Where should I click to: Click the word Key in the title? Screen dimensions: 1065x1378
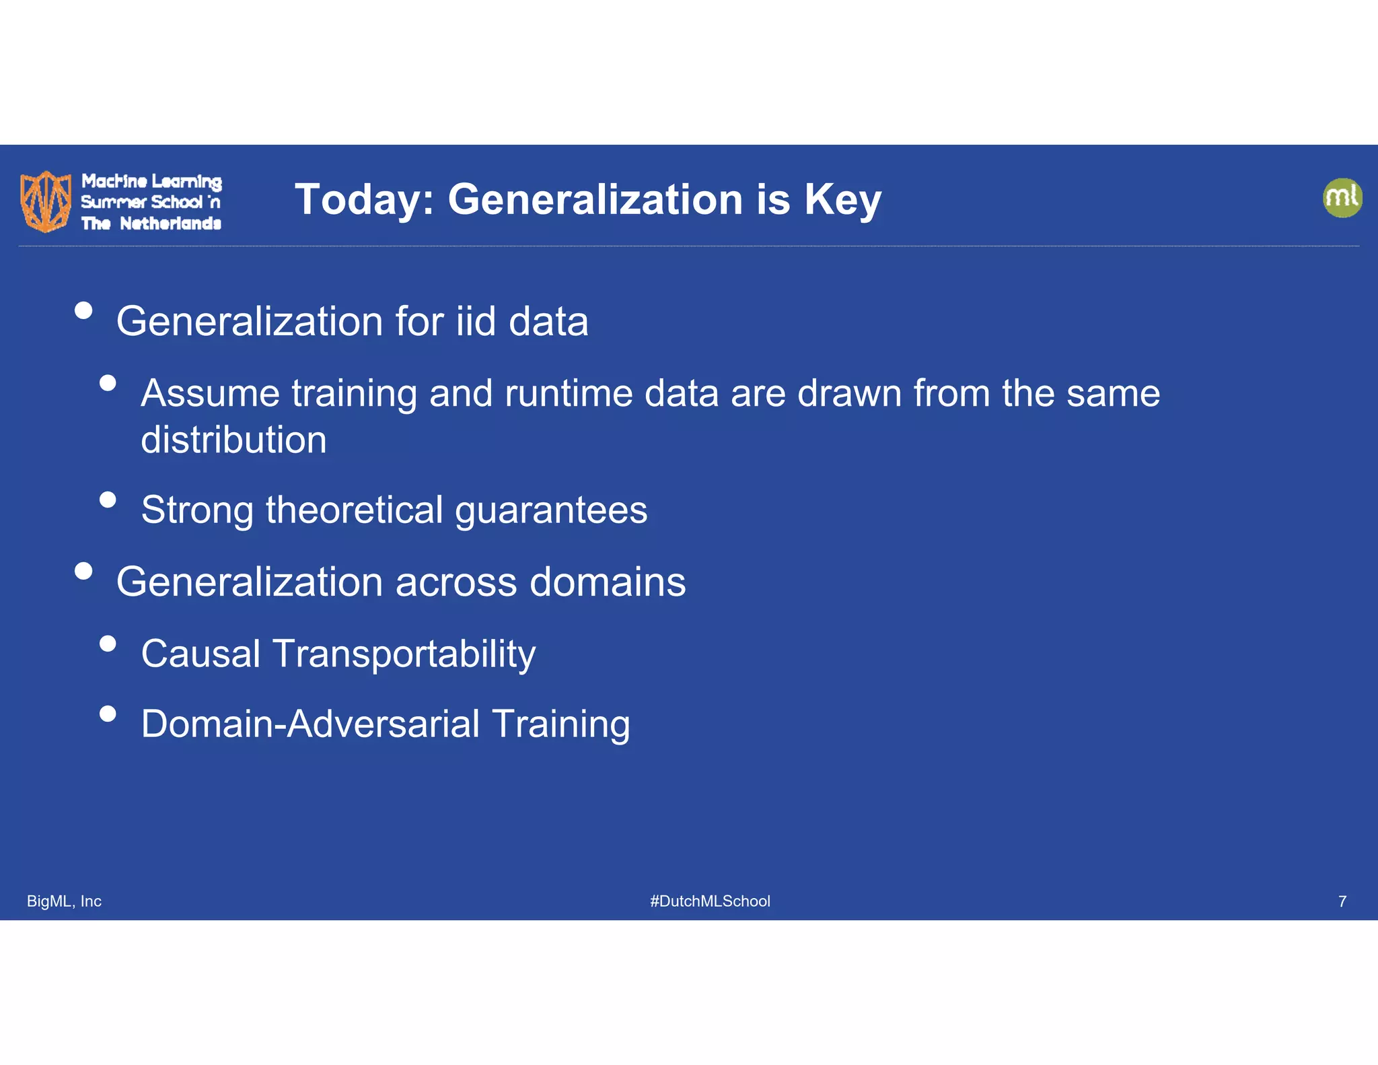tap(842, 201)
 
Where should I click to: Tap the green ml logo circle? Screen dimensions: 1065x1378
tap(1342, 198)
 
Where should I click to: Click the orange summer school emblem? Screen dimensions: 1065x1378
tap(46, 201)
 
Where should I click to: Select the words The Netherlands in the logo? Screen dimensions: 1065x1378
tap(151, 224)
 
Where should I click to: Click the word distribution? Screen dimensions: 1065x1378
tap(233, 440)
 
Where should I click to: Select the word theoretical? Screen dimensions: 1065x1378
tap(354, 510)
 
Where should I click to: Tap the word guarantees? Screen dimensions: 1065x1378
tap(550, 511)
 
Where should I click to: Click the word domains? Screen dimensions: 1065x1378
tap(607, 582)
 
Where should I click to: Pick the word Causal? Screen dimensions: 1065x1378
tap(201, 654)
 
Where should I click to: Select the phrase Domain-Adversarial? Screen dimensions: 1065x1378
tap(310, 724)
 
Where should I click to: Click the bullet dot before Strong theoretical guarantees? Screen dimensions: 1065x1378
tap(108, 500)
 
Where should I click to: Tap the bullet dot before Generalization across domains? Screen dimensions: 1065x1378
tap(83, 571)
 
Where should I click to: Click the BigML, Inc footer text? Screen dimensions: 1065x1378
tap(64, 901)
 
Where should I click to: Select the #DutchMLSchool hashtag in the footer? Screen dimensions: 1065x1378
tap(710, 901)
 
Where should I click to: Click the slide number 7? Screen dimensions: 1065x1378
tap(1342, 901)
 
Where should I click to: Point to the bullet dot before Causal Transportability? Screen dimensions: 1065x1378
tap(108, 644)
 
